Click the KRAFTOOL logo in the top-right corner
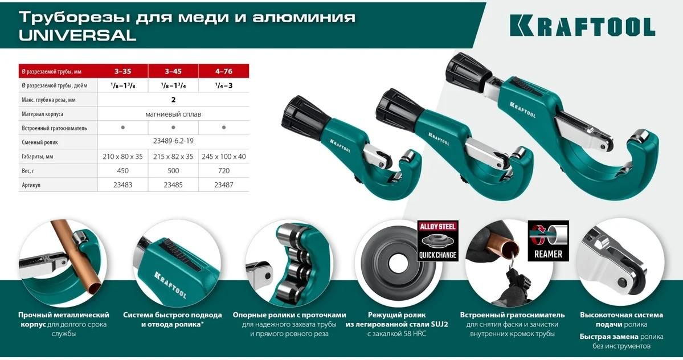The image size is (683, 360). click(x=582, y=26)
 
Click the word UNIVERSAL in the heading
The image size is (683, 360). click(x=77, y=35)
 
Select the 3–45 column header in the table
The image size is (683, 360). click(x=173, y=71)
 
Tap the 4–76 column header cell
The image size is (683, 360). click(x=223, y=71)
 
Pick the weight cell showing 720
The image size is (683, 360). click(x=223, y=171)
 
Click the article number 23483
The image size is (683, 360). click(x=123, y=185)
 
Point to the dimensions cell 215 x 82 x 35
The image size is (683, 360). click(x=173, y=156)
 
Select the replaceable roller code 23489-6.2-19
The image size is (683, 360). click(x=173, y=141)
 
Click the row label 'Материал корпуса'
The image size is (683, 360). click(x=42, y=114)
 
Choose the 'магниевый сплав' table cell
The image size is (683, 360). click(x=173, y=114)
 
